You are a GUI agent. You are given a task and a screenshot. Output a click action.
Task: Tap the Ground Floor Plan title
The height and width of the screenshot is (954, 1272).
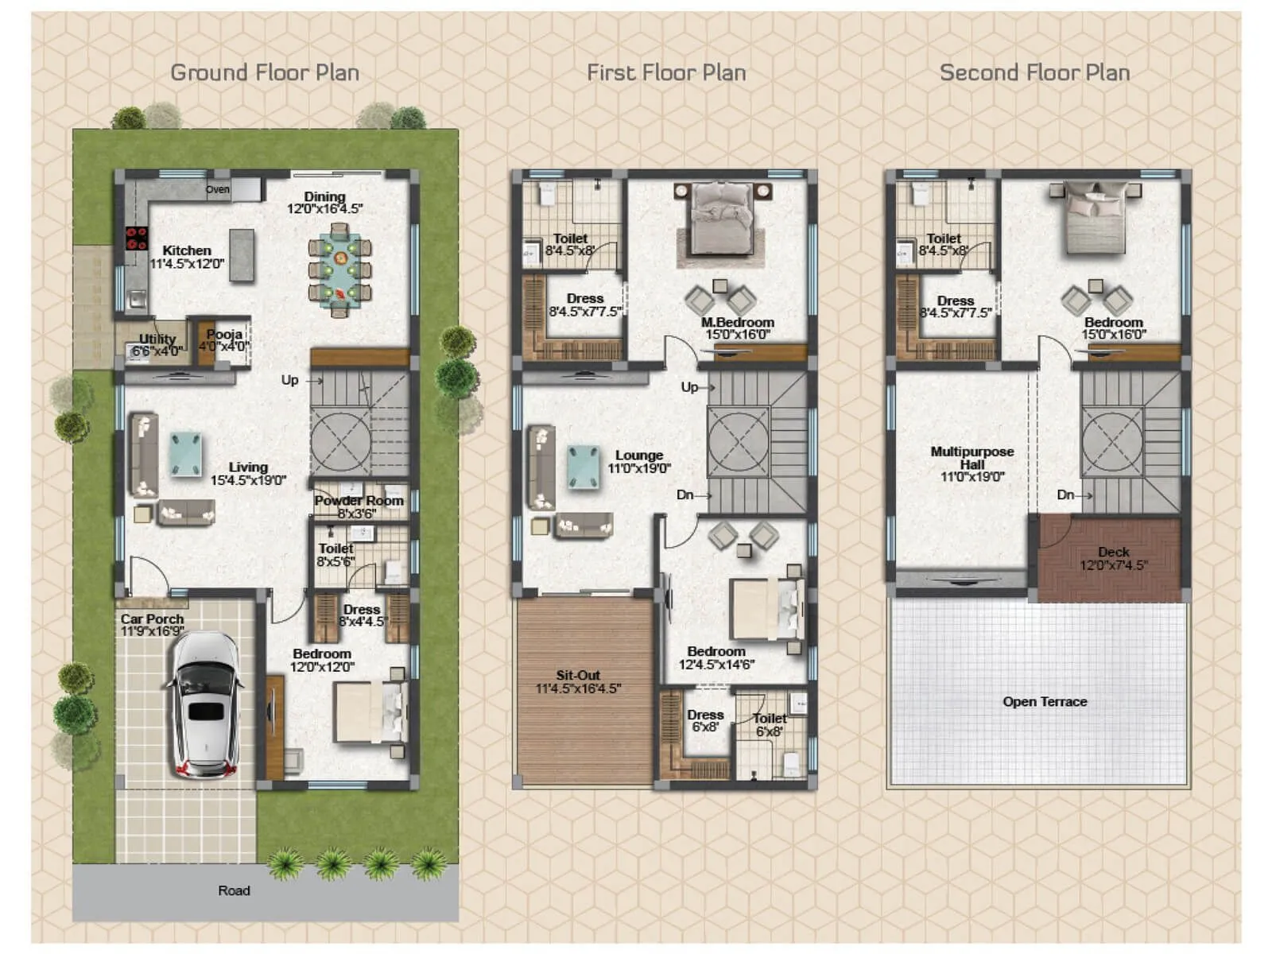point(265,72)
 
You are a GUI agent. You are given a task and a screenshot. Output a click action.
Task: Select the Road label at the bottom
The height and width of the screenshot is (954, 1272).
point(234,890)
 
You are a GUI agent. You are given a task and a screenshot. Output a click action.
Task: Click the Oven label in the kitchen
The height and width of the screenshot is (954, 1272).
point(217,189)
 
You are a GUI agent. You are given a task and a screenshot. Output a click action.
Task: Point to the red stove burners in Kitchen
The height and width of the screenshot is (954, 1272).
point(137,238)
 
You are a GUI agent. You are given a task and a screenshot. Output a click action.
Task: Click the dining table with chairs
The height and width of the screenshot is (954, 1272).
point(339,270)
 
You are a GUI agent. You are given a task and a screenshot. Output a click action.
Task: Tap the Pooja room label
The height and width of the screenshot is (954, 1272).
point(223,335)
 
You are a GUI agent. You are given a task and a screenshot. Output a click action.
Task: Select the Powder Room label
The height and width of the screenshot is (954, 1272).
point(359,501)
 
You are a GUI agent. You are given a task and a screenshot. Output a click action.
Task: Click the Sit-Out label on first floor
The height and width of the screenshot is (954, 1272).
point(578,675)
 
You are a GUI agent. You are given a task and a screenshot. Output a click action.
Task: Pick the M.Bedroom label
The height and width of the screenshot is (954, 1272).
point(737,322)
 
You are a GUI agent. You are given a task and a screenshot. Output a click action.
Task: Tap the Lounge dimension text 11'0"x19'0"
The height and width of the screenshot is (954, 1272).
point(639,469)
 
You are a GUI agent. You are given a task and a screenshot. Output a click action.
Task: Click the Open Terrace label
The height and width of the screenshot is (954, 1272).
point(1044,701)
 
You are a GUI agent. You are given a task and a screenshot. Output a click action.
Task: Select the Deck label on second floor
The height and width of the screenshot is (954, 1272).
point(1113,552)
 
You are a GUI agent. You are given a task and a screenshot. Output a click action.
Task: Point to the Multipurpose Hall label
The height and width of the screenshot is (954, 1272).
point(971,457)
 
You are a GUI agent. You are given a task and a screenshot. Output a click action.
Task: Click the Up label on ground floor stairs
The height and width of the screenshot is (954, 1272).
point(289,380)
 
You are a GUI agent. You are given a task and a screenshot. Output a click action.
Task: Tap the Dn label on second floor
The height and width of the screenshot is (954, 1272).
point(1065,494)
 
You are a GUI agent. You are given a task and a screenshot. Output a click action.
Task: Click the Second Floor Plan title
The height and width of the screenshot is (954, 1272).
point(1034,72)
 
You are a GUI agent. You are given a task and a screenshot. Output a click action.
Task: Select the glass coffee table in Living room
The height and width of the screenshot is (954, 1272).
point(186,453)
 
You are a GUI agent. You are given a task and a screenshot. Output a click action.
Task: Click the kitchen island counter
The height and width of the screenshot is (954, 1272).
point(242,254)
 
